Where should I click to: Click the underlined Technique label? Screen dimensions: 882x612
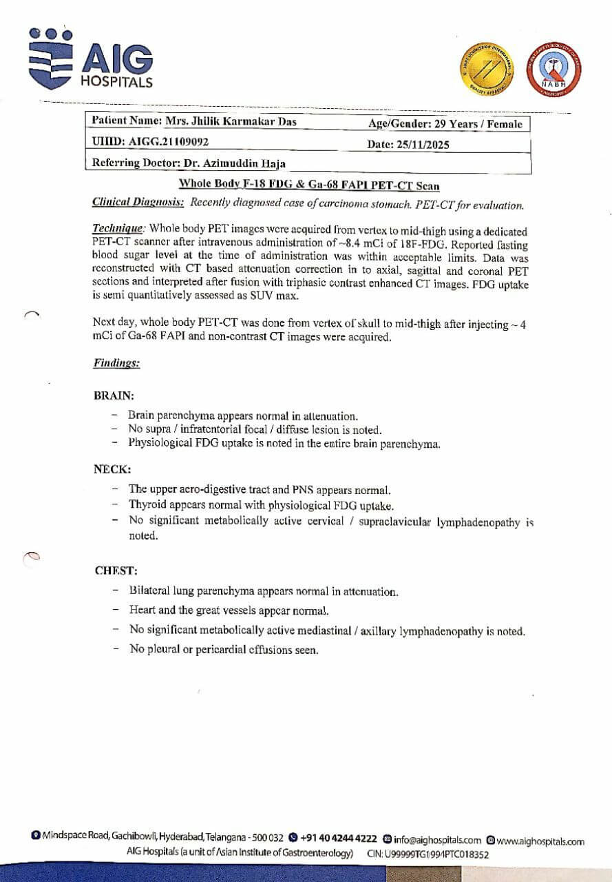point(118,227)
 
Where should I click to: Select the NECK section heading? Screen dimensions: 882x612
point(112,469)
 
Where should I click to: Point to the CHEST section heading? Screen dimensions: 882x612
point(116,571)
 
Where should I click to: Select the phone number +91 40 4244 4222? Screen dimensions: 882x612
point(338,839)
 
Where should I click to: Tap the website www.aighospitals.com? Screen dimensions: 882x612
point(540,841)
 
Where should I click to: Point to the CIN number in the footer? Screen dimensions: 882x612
point(428,854)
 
